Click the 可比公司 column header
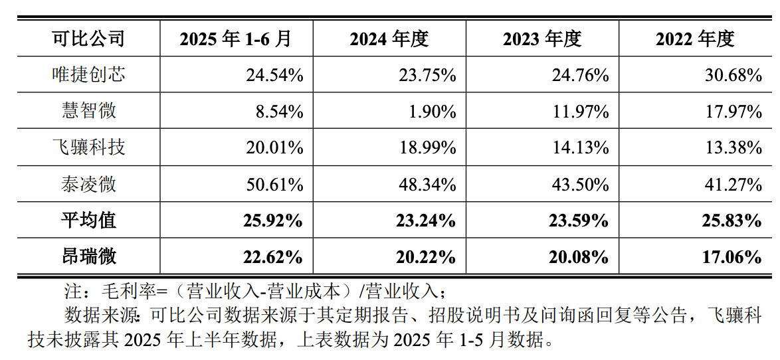pos(88,39)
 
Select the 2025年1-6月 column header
pos(236,39)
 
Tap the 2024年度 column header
pos(389,39)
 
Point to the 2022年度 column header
pos(695,39)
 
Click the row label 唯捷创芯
pos(88,74)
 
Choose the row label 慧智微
pos(88,111)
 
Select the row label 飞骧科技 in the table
pos(88,147)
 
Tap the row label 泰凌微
pos(88,183)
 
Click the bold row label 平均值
pos(88,220)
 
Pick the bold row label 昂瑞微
pos(88,256)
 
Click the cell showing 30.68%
pos(733,75)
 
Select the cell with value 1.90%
pos(433,112)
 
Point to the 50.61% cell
pos(274,184)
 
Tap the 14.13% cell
pos(580,147)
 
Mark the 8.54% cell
pos(279,112)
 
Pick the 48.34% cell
pos(427,184)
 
